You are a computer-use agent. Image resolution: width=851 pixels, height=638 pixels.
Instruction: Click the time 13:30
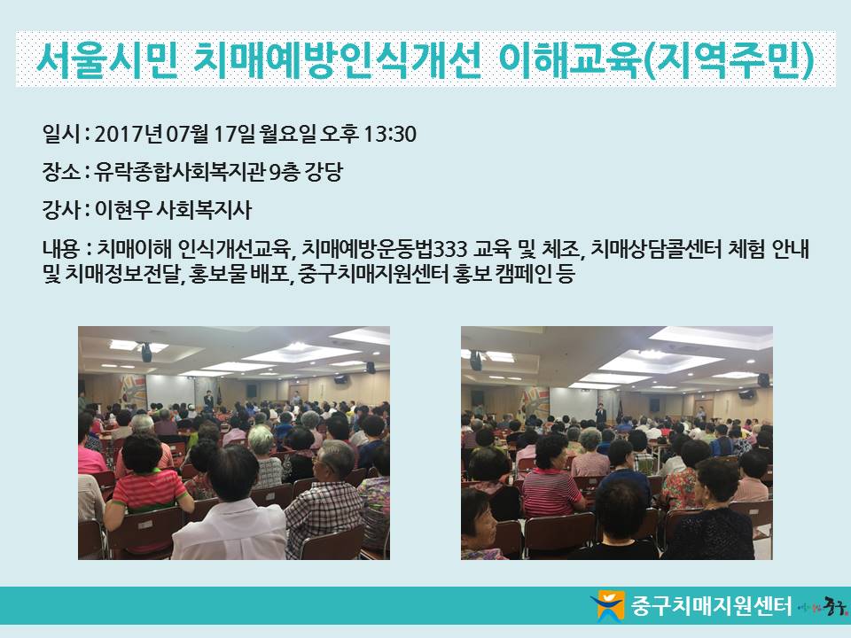coord(389,134)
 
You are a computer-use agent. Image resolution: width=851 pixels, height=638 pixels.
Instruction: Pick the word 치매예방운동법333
coord(384,248)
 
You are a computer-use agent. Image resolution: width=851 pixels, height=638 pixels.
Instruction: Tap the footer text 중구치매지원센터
coord(711,605)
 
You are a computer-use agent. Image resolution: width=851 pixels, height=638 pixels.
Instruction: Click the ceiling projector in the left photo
coord(146,353)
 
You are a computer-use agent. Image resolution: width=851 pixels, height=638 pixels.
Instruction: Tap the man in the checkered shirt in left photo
coord(324,499)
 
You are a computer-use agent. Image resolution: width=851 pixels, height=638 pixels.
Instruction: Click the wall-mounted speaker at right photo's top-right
coord(763,379)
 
